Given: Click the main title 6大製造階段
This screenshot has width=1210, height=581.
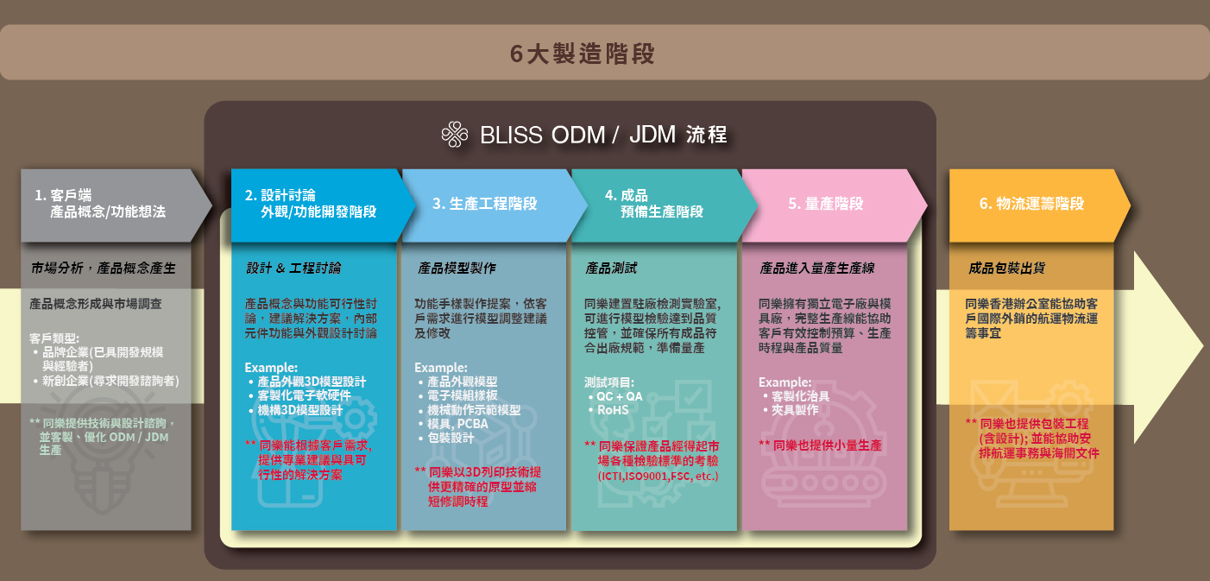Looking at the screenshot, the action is click(x=583, y=54).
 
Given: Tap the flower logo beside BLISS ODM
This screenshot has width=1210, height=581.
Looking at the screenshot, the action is click(x=455, y=135).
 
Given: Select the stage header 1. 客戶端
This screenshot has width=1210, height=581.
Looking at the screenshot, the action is click(x=63, y=195).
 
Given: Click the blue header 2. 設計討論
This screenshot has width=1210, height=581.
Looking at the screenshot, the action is click(x=280, y=195).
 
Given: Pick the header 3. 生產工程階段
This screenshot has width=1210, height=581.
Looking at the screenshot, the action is click(x=484, y=204).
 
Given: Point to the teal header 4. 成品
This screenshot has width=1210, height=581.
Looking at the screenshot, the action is click(x=626, y=195).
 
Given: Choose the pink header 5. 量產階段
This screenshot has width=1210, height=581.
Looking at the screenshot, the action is click(x=826, y=204).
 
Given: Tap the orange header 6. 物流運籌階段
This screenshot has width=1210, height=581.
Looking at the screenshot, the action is click(x=1031, y=204).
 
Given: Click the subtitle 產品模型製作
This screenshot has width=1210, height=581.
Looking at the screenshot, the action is click(x=457, y=268).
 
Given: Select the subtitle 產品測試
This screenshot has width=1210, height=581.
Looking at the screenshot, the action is click(x=611, y=268).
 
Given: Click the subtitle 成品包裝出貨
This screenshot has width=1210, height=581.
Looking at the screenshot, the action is click(x=1007, y=268).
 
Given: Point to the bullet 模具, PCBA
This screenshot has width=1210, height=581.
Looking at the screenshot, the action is click(x=457, y=424).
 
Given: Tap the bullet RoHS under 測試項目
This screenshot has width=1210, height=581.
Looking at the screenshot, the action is click(x=613, y=410).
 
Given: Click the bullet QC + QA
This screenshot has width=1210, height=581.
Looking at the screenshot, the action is click(x=619, y=397).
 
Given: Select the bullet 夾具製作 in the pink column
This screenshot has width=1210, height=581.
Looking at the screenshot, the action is click(x=795, y=410).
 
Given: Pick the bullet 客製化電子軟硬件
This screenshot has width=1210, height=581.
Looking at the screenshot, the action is click(x=304, y=395).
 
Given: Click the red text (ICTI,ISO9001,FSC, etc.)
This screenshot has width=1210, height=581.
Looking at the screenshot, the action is click(x=658, y=477).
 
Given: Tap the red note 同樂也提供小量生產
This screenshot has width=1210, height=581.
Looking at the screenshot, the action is click(x=827, y=445).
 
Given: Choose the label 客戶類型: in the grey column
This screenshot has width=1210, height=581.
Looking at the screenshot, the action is click(x=54, y=338).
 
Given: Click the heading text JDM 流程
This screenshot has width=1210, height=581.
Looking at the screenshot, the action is click(x=678, y=135).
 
